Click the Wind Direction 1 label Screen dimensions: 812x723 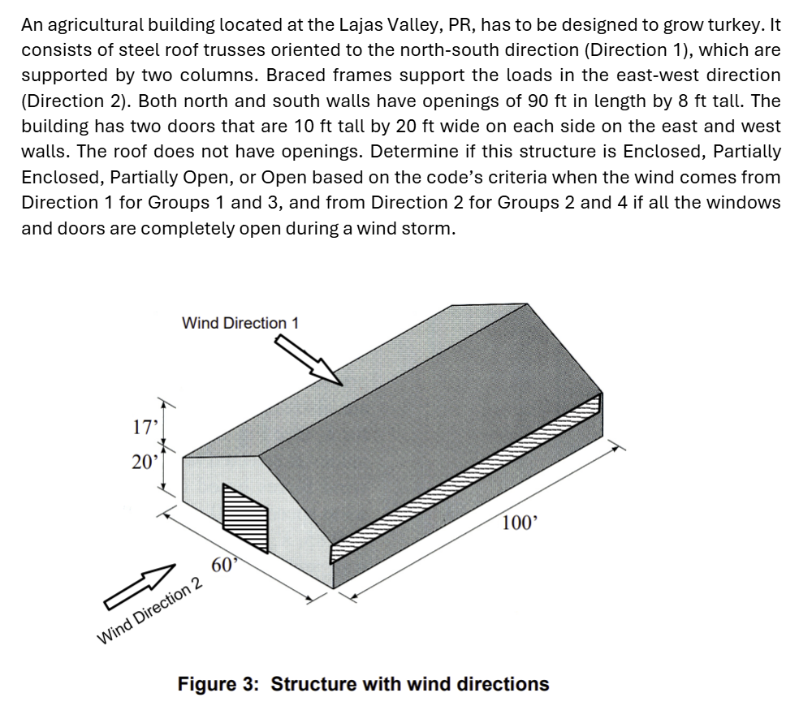[240, 324]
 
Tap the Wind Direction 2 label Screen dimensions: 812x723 [150, 611]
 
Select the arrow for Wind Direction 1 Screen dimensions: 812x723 [309, 359]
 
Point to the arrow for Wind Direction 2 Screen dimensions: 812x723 [140, 587]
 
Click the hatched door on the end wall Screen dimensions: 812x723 [245, 518]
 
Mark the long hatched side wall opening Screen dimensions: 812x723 [466, 478]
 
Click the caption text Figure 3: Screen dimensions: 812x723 [218, 684]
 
